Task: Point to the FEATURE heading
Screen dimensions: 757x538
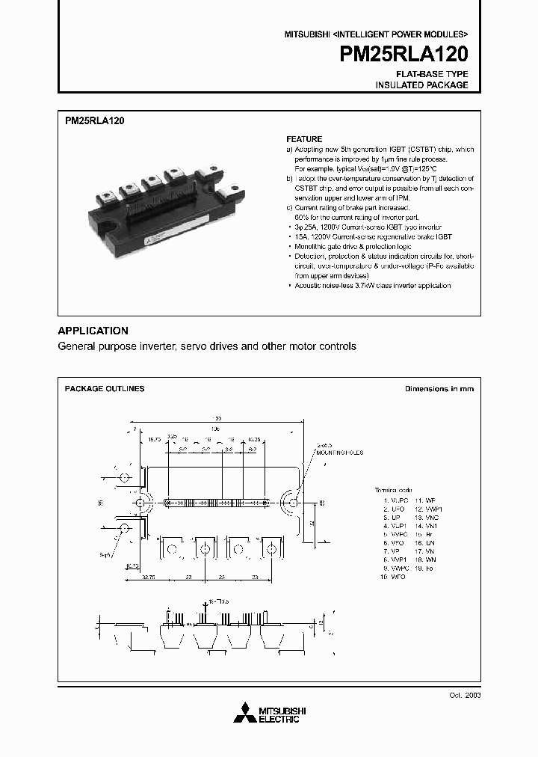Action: click(x=304, y=139)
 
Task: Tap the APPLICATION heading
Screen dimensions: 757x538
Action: click(x=93, y=331)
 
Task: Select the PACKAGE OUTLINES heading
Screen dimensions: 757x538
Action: click(x=105, y=389)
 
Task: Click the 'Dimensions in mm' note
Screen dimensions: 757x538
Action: click(x=439, y=389)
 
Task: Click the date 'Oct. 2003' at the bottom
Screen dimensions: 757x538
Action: click(x=463, y=695)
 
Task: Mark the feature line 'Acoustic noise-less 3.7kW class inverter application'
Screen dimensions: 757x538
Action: click(x=372, y=286)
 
